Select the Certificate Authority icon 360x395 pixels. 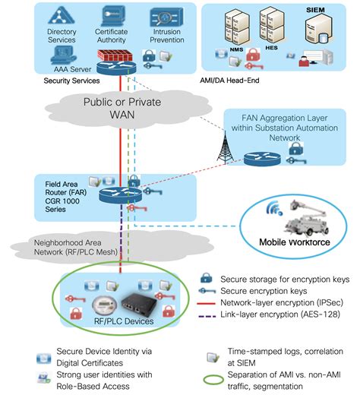tap(112, 17)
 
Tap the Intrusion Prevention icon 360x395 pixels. tap(165, 18)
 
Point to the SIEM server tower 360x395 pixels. tap(314, 30)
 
